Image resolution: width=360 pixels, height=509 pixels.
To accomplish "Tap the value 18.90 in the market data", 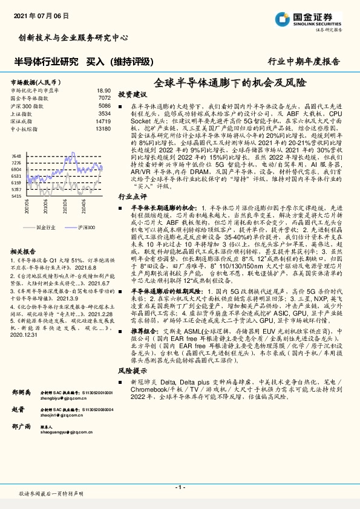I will coord(103,90).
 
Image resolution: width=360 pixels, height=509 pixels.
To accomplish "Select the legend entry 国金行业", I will coord(45,227).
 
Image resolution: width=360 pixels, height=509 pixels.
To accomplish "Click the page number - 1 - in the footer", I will coord(180,487).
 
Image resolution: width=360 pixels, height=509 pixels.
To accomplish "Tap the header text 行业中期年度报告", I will coord(312,61).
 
